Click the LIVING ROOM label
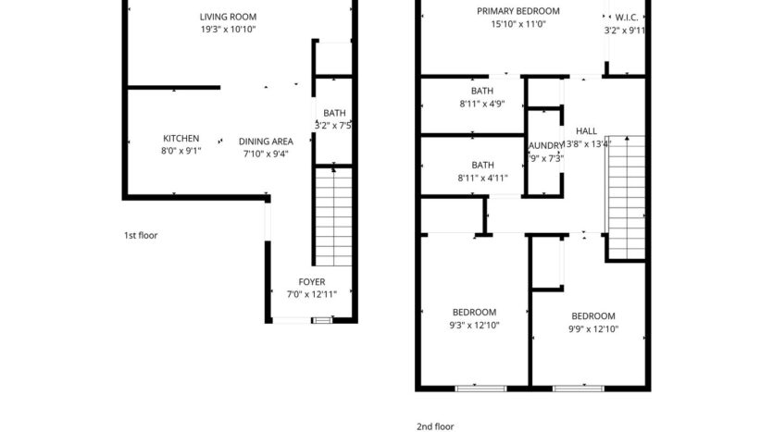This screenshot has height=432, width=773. tap(228, 17)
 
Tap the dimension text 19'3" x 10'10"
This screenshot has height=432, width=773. tap(228, 30)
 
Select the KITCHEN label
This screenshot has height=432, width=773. tap(181, 138)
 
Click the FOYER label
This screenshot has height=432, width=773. tap(311, 282)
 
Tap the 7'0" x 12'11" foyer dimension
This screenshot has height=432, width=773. tap(311, 294)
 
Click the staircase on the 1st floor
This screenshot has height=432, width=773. tap(332, 217)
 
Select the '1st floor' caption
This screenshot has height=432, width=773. tap(141, 235)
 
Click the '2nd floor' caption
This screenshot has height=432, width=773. tap(436, 426)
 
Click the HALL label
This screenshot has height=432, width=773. tap(586, 131)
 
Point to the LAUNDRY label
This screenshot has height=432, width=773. tap(545, 146)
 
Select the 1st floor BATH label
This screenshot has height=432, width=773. tap(333, 113)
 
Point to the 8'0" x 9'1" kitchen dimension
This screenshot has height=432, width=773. tap(181, 150)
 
